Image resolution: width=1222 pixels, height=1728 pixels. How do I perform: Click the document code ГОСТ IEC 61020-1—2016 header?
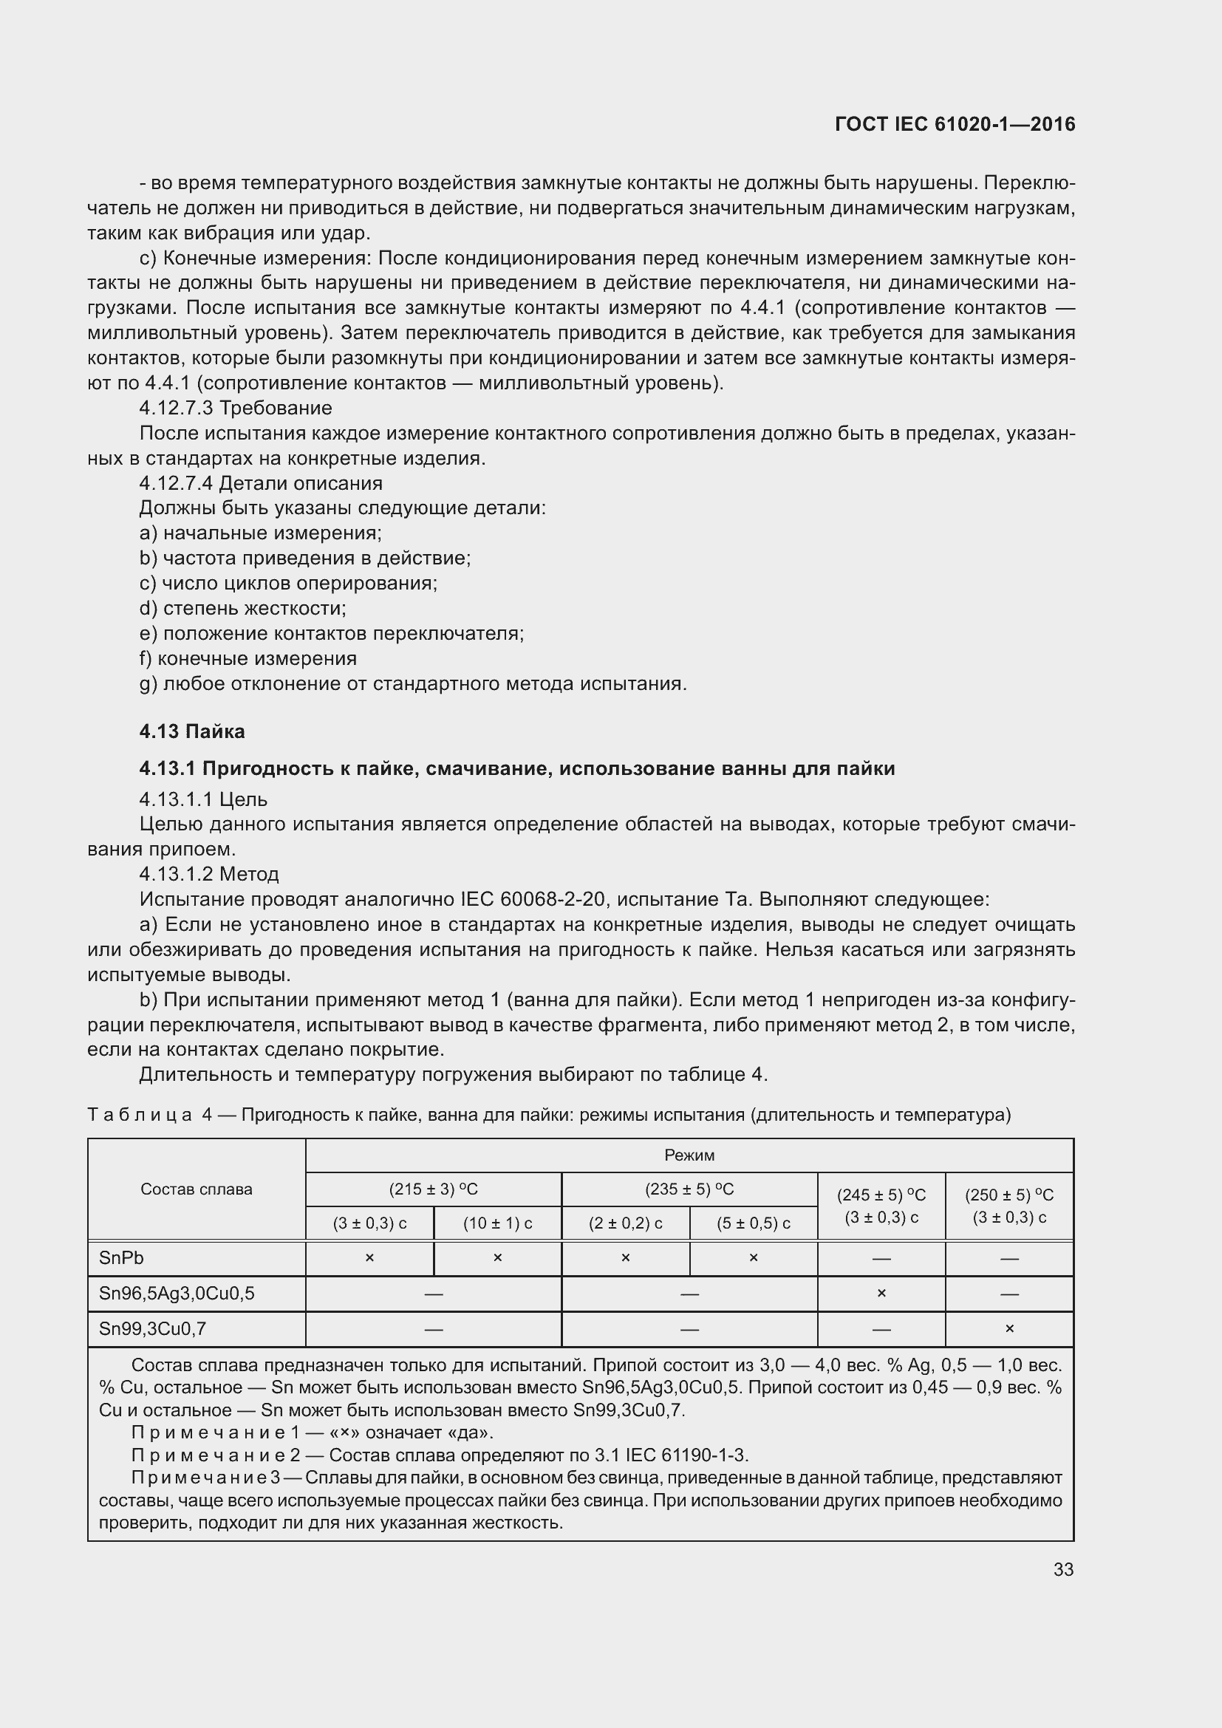[x=955, y=124]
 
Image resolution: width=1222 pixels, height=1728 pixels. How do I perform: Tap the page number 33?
[x=1063, y=1569]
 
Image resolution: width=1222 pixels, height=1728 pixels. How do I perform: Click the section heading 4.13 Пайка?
[x=192, y=731]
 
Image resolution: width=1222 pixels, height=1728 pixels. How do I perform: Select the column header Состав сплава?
[x=197, y=1189]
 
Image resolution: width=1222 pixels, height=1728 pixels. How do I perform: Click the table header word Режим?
[x=689, y=1155]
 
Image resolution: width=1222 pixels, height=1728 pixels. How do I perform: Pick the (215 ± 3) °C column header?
[x=434, y=1189]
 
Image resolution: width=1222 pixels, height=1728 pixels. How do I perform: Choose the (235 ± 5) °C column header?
[x=689, y=1189]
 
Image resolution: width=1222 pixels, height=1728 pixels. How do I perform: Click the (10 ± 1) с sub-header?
[x=497, y=1223]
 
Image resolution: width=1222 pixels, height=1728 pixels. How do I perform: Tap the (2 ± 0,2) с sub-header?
[x=625, y=1223]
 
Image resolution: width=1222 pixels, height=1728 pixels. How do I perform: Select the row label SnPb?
[x=121, y=1257]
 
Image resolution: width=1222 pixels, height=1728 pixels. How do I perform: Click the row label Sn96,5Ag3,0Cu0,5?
[x=177, y=1293]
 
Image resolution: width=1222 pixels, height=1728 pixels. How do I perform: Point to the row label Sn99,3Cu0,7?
[x=153, y=1328]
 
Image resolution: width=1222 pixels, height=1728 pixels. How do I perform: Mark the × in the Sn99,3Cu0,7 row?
[x=1009, y=1328]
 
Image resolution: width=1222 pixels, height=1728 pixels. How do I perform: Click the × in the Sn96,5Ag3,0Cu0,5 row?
[x=881, y=1293]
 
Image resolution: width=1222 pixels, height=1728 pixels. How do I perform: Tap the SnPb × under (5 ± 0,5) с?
[x=753, y=1257]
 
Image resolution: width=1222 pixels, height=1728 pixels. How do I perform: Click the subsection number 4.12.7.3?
[x=177, y=408]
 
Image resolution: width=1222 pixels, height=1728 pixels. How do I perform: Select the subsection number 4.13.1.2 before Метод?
[x=177, y=874]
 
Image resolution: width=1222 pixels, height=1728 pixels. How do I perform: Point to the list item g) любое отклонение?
[x=413, y=683]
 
